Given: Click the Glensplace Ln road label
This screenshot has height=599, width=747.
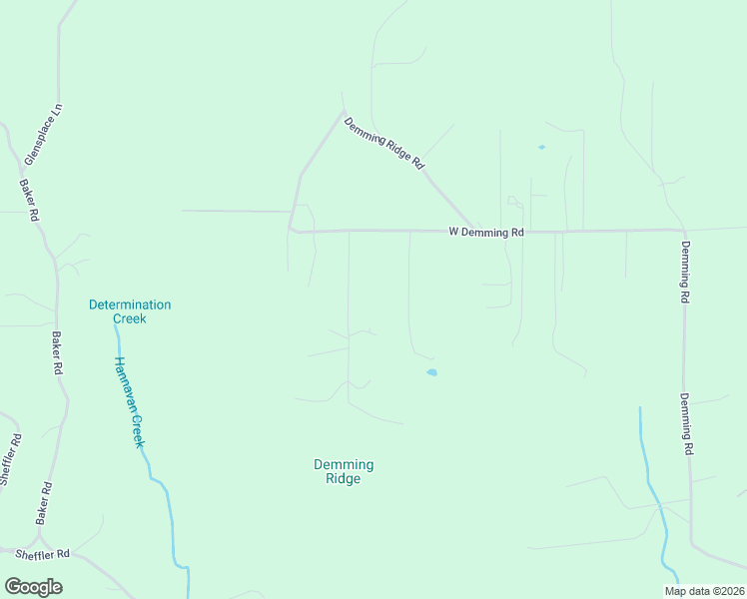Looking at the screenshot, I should point(42,133).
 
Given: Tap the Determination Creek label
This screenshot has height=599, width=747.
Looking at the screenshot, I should point(130,311).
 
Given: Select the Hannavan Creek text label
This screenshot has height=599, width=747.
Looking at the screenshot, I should point(129,402).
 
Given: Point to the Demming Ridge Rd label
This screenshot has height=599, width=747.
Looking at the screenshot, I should point(384,143).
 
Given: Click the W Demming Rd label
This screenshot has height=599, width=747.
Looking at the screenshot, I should point(486,232).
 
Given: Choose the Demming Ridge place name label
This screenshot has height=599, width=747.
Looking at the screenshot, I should point(344,471).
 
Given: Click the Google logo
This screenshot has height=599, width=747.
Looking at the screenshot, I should point(33,587).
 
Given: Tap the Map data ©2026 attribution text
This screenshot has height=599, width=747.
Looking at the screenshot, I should point(704,591).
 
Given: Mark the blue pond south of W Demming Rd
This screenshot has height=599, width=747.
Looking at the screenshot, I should point(431,373).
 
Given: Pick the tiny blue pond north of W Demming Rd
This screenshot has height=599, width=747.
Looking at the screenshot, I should point(541,148).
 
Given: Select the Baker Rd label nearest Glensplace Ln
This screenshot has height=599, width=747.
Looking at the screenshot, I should point(29,200).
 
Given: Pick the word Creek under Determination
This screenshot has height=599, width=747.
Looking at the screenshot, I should point(130,319).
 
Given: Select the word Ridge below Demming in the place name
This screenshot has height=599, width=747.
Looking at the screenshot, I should point(344,479).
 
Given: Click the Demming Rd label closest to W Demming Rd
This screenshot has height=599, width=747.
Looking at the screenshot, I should point(685,272).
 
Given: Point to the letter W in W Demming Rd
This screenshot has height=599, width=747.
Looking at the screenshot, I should point(453,232).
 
